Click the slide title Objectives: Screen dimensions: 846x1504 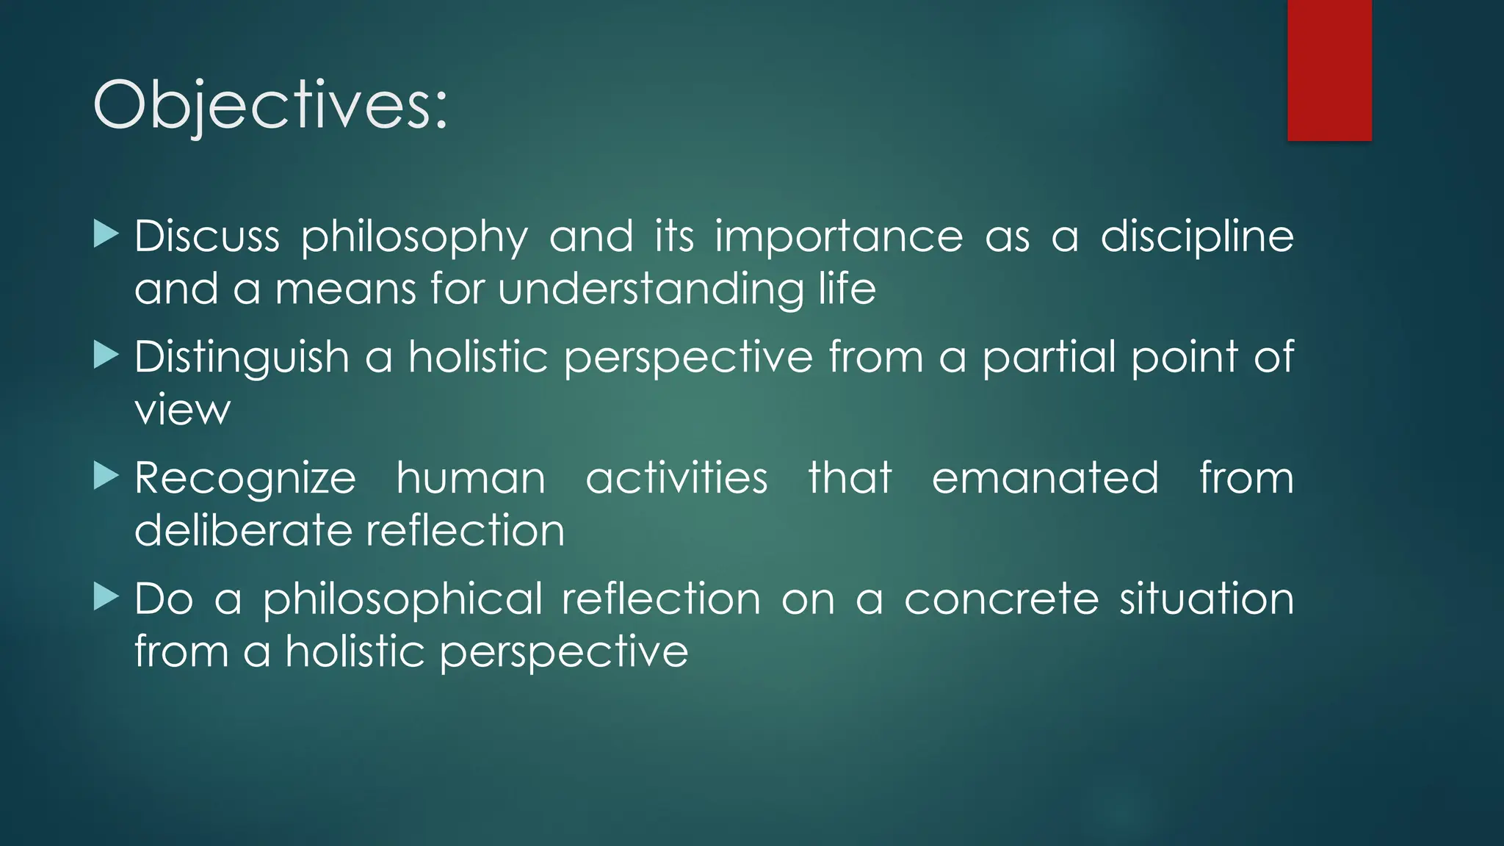click(x=270, y=106)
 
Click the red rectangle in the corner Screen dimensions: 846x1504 click(x=1329, y=70)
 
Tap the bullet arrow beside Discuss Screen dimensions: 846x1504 click(x=106, y=235)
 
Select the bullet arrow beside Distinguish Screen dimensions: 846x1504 click(x=106, y=356)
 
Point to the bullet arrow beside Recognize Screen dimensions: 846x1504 click(x=106, y=477)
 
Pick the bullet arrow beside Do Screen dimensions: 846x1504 click(x=106, y=598)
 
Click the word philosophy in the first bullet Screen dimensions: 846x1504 click(x=414, y=238)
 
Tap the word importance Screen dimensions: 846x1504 click(x=839, y=238)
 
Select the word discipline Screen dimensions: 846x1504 click(x=1197, y=236)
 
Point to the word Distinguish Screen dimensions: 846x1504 click(x=242, y=358)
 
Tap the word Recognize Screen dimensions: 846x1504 click(x=245, y=479)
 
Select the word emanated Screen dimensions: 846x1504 click(x=1045, y=478)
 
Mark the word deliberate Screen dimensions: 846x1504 click(x=242, y=530)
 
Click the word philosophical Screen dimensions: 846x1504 click(x=402, y=600)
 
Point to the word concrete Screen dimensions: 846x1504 click(x=1001, y=599)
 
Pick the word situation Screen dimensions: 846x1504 click(x=1206, y=599)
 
